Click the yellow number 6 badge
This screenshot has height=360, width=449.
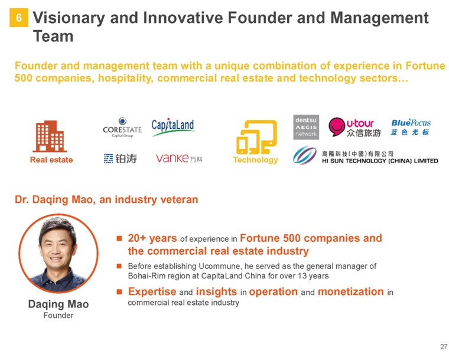(19, 18)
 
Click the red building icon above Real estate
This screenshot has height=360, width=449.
(50, 136)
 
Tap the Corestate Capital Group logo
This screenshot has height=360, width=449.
(122, 127)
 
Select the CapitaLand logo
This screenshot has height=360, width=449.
(173, 127)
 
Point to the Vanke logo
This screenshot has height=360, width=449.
(179, 158)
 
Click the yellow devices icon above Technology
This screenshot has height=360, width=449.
(256, 137)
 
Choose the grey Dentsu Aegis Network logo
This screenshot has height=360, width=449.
(306, 127)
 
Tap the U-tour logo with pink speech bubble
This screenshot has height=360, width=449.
(355, 127)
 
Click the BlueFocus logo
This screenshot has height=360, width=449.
(411, 127)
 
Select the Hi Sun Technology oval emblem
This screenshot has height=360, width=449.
(305, 155)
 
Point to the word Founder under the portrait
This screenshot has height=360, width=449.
(58, 315)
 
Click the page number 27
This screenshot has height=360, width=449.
(444, 346)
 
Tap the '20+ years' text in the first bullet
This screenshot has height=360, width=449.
(152, 238)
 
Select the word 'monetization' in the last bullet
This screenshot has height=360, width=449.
(351, 291)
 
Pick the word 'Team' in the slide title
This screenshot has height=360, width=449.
(53, 37)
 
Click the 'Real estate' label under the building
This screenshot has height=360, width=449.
(51, 160)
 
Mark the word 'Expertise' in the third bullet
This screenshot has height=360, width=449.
(152, 292)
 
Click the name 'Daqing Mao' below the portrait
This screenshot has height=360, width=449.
(58, 304)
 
